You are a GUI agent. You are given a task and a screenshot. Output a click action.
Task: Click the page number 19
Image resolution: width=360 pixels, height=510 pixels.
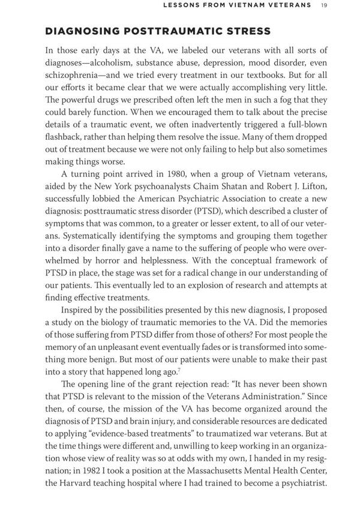click(x=324, y=5)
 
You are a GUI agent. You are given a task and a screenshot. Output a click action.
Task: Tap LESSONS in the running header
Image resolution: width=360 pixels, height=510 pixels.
click(x=181, y=5)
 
